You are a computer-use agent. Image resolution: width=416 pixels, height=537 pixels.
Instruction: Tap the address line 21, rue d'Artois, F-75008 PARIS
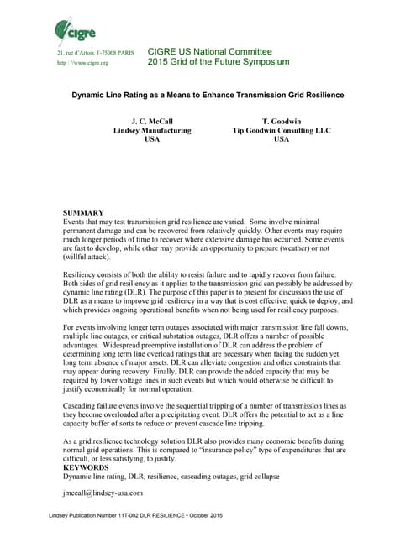94,52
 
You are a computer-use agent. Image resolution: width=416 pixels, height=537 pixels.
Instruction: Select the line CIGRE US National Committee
210,51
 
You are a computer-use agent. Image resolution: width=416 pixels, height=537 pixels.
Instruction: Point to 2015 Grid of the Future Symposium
218,62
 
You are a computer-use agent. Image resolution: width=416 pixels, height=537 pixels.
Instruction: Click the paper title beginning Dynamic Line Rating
207,95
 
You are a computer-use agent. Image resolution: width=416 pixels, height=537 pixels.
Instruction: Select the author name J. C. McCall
152,121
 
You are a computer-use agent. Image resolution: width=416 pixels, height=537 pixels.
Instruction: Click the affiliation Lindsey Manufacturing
152,131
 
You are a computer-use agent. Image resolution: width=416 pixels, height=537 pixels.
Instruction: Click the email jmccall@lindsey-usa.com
103,493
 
